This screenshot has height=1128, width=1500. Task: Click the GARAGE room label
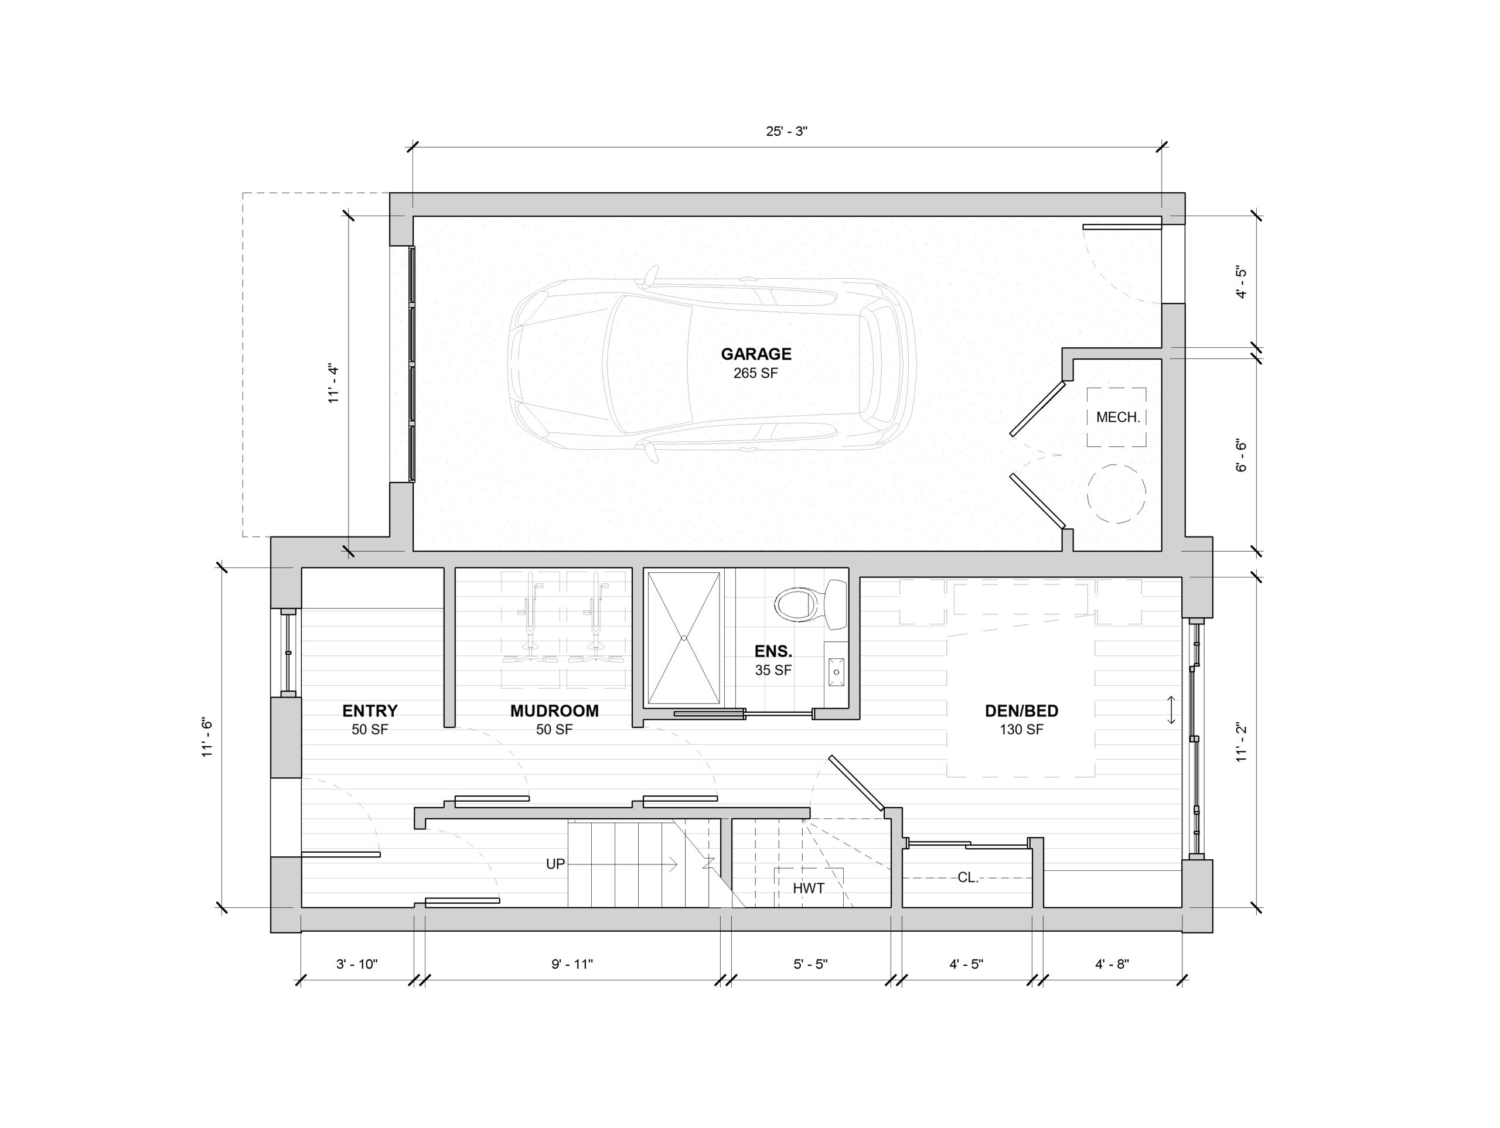756,354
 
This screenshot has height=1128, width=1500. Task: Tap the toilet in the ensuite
811,603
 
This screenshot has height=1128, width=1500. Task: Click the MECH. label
1118,418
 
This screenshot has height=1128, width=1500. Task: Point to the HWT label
809,888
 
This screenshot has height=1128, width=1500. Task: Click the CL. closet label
968,877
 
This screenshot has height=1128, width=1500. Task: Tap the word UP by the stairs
555,864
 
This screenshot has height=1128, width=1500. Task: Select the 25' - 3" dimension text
786,132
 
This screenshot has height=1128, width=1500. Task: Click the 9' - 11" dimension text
572,964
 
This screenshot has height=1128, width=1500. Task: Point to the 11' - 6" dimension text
207,737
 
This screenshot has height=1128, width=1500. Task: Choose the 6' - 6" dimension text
1242,456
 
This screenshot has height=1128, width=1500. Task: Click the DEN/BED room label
1021,711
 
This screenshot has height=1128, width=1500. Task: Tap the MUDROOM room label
554,711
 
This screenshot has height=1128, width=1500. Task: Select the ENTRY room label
370,711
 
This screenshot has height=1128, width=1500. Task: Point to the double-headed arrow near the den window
1171,710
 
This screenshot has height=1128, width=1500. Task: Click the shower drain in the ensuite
684,638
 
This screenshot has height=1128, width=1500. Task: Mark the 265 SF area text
755,374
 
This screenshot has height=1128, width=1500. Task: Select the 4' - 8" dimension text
1112,964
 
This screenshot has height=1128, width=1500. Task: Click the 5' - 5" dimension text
810,964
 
